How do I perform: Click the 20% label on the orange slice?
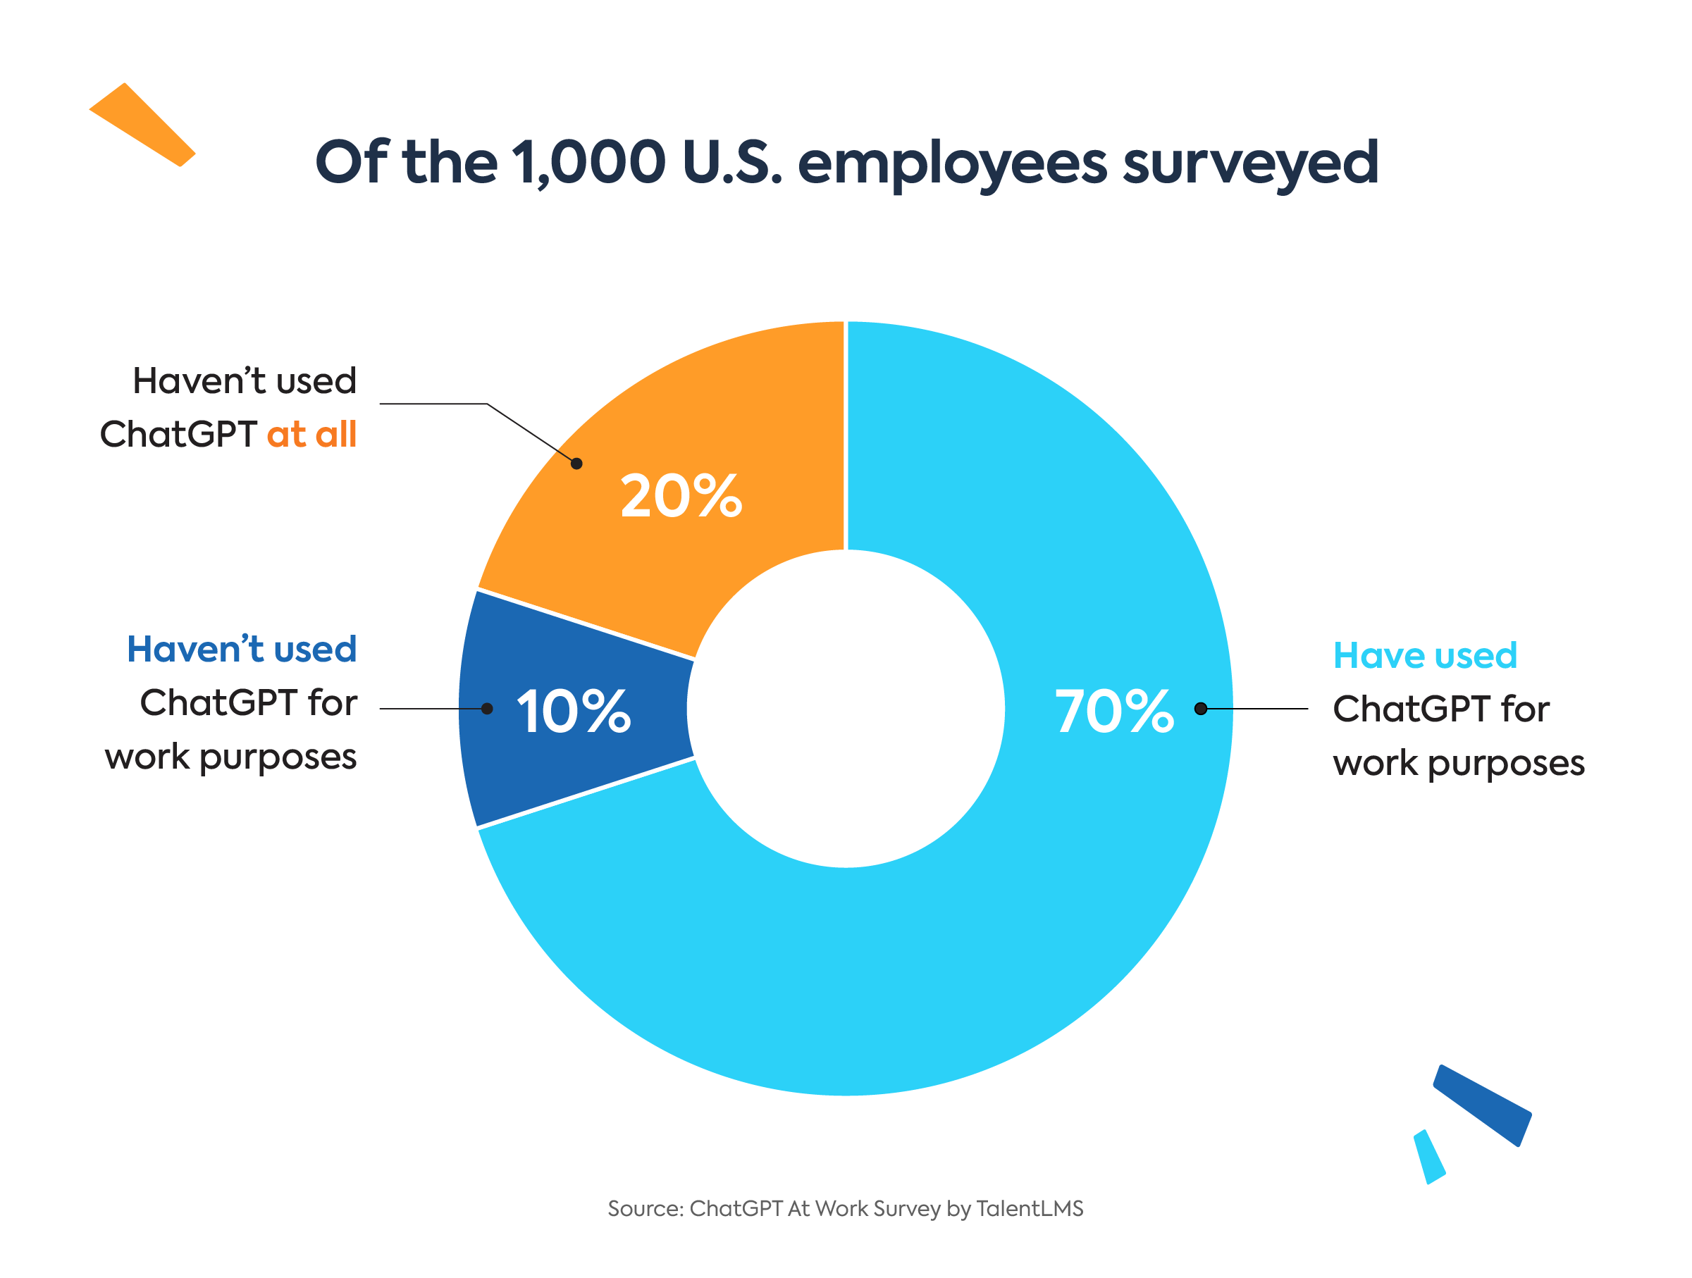coord(680,497)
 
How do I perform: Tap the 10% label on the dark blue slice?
coord(574,712)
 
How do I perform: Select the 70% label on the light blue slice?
coord(1113,712)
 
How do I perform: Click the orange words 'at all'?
coord(311,435)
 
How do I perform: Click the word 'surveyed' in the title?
coord(1250,163)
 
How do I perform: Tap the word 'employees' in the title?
coord(951,163)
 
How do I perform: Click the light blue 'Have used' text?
coord(1425,655)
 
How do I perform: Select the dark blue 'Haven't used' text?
coord(242,650)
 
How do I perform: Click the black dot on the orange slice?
coord(576,464)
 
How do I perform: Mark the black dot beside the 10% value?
coord(486,709)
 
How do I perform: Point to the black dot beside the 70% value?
coord(1200,709)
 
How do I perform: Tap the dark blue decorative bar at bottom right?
coord(1482,1105)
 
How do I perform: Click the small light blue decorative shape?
coord(1429,1156)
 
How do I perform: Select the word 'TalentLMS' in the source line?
coord(1030,1208)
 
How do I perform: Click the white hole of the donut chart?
coord(845,709)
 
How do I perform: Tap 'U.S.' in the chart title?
coord(732,162)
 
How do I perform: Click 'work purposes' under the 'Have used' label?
coord(1459,763)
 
